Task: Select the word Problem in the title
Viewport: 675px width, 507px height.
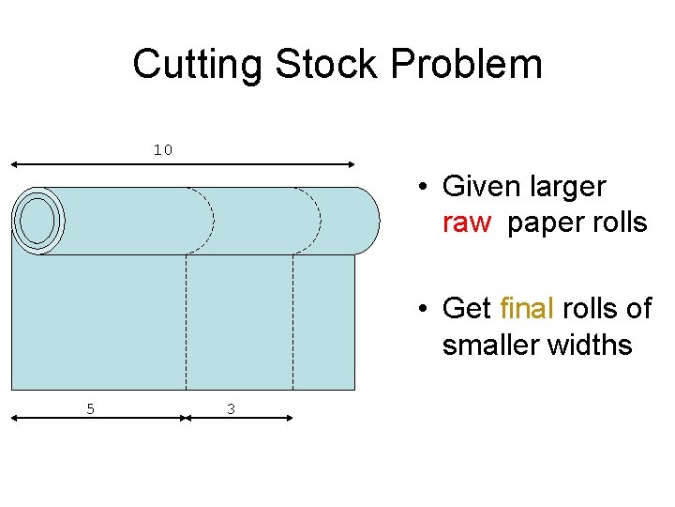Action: click(467, 65)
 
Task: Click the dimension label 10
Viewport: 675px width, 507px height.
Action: click(163, 150)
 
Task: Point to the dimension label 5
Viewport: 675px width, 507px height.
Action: click(90, 408)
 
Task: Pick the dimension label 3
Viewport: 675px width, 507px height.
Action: click(231, 408)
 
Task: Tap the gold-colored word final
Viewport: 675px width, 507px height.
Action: click(527, 308)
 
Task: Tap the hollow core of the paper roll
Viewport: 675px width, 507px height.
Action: click(37, 222)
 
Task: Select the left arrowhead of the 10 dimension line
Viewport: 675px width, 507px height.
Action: click(13, 164)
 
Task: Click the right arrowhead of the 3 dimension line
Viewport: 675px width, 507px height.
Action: click(290, 420)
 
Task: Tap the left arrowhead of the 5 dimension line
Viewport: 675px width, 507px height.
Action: click(13, 420)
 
